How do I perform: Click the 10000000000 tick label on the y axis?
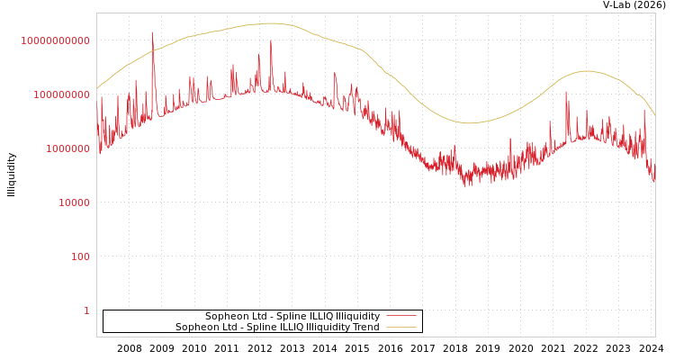(56, 40)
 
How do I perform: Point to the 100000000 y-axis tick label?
(56, 94)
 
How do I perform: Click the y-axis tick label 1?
(86, 310)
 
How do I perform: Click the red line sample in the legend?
(400, 317)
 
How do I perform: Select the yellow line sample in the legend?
(400, 328)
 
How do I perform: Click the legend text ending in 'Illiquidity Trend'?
(277, 328)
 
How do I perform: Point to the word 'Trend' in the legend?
(364, 328)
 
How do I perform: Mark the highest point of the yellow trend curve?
(272, 23)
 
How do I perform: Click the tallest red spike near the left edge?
(152, 34)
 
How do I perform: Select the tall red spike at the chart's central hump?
(271, 40)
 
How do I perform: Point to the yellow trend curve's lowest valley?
(469, 123)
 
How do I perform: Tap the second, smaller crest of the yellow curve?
(587, 71)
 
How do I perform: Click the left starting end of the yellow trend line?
(97, 88)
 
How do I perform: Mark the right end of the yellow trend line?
(654, 115)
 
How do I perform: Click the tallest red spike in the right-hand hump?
(566, 92)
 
